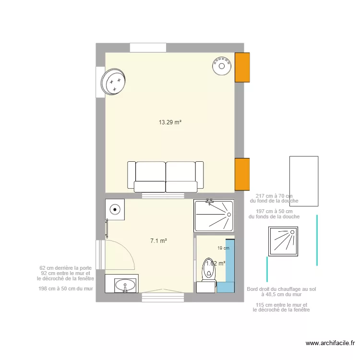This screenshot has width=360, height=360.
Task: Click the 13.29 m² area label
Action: tap(170, 122)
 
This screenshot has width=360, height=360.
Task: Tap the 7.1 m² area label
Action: tap(158, 241)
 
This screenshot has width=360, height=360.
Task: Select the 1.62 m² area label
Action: tap(216, 263)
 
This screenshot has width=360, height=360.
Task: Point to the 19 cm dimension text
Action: tap(223, 248)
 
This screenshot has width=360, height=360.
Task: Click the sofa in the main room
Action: tap(166, 177)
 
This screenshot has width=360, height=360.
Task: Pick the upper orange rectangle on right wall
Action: tap(242, 67)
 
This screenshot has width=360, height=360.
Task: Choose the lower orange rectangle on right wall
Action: tap(242, 174)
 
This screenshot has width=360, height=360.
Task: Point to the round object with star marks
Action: tap(114, 82)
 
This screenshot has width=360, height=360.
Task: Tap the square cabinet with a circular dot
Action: tap(115, 209)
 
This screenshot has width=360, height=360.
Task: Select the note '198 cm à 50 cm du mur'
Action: tap(66, 289)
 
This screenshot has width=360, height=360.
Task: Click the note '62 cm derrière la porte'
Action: tap(66, 268)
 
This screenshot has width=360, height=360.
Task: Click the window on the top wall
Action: tap(148, 48)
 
